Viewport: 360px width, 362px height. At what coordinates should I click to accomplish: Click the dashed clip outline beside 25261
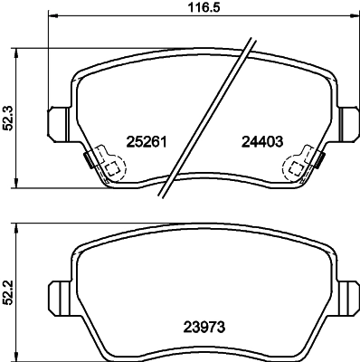point(110,167)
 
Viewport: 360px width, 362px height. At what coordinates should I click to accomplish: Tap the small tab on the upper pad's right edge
point(322,162)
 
